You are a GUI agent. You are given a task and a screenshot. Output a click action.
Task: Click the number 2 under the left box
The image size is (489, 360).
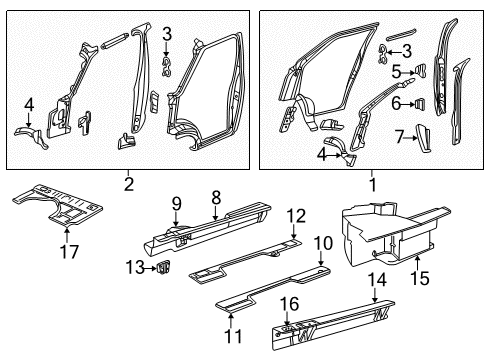tap(129, 183)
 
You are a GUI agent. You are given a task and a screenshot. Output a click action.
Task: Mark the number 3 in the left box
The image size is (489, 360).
tap(168, 34)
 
